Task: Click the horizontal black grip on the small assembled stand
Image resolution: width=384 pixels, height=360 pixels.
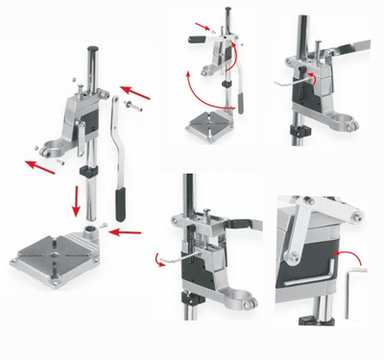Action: [198, 39]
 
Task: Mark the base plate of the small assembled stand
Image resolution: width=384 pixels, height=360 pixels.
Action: [211, 124]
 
